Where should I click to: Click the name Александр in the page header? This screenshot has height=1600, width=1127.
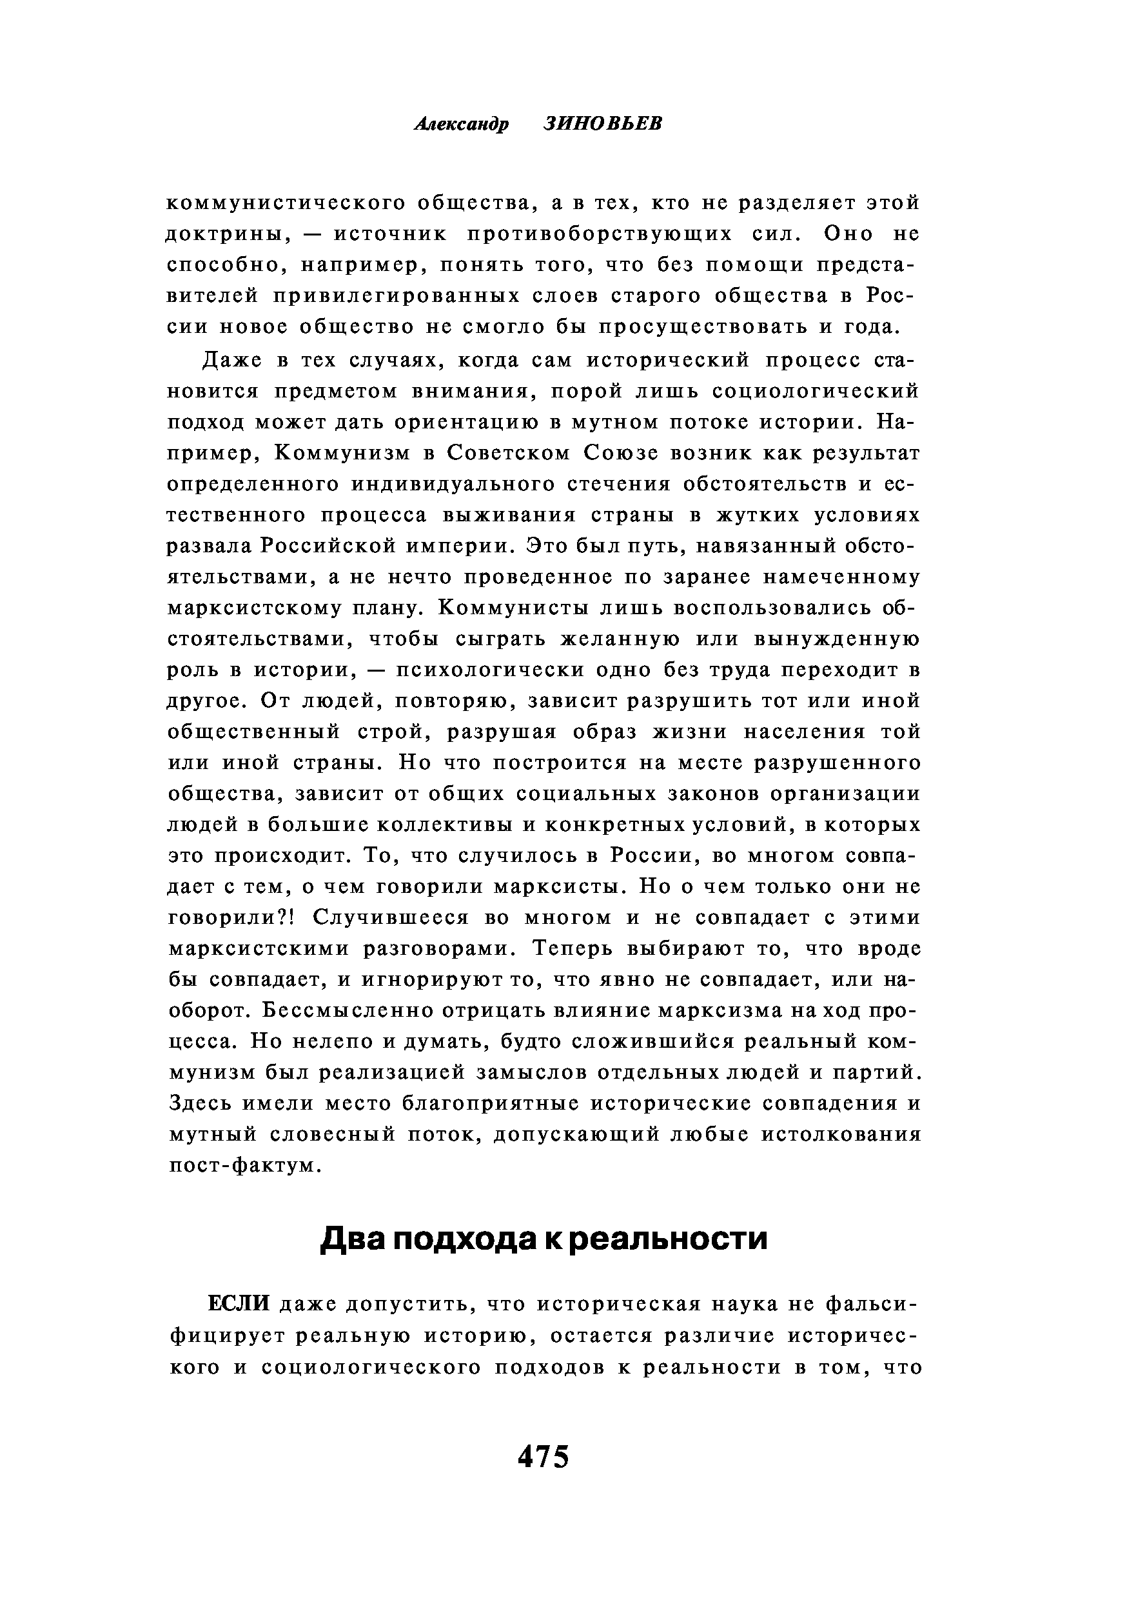[461, 124]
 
